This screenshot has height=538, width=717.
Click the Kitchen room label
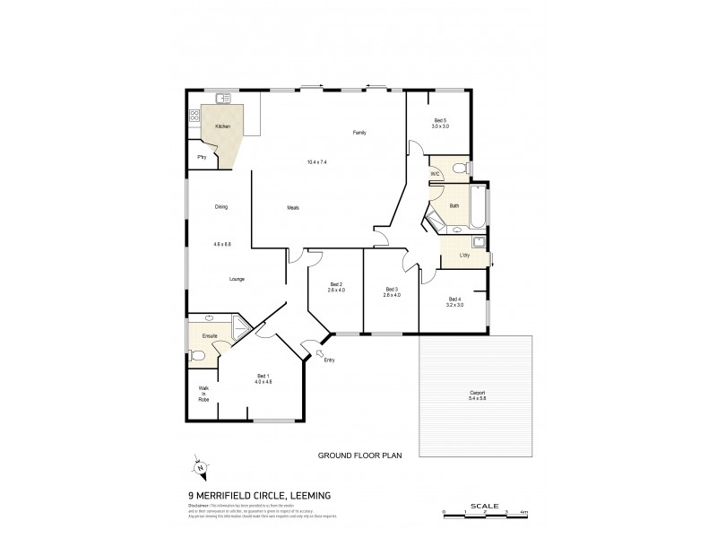(x=223, y=126)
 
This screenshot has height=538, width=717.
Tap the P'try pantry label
(x=203, y=158)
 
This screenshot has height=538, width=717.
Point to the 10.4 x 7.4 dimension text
(x=316, y=162)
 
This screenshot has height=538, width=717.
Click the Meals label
(x=293, y=208)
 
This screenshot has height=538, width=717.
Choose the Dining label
(x=221, y=208)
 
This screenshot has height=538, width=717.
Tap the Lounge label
(x=237, y=279)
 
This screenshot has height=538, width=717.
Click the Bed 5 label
(x=440, y=121)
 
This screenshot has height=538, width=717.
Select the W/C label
(x=435, y=173)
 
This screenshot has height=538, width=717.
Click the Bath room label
(x=454, y=205)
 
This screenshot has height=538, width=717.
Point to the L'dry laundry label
(x=464, y=256)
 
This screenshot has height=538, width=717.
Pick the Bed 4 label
(x=454, y=299)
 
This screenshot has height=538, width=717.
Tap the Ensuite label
(x=211, y=335)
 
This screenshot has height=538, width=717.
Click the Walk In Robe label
(x=203, y=394)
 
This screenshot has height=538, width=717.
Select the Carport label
(x=476, y=394)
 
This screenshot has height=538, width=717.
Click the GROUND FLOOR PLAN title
(x=357, y=456)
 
